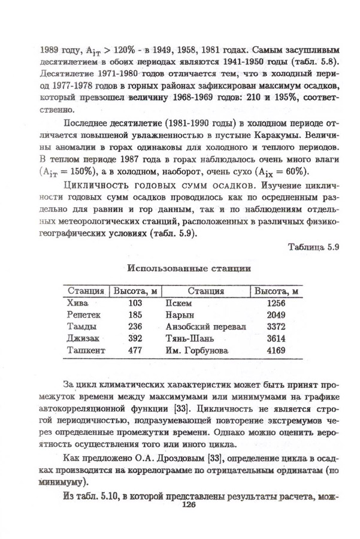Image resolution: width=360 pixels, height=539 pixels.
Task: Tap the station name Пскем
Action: tap(178, 303)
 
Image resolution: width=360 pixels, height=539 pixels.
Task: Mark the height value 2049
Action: tap(276, 314)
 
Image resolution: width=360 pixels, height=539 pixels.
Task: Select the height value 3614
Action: tap(276, 338)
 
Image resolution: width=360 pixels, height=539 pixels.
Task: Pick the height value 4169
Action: tap(276, 350)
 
